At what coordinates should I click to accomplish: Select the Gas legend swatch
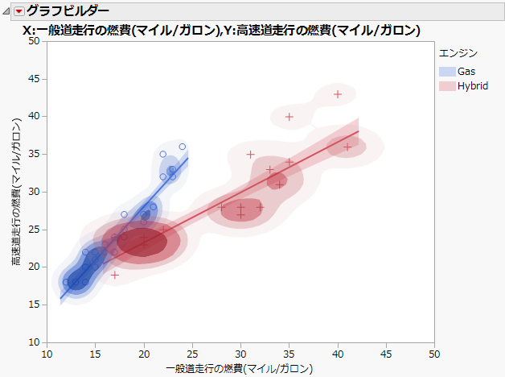tap(445, 72)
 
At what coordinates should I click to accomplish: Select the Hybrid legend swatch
tap(445, 85)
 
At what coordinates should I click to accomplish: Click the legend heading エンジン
tap(458, 53)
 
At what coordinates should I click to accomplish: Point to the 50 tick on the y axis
tap(35, 40)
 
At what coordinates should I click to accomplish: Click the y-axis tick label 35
tap(35, 154)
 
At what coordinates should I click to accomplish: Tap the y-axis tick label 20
tap(35, 267)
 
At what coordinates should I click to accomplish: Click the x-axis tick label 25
tap(193, 354)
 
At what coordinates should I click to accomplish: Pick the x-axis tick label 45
tap(387, 354)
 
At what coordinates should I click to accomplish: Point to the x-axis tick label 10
tap(47, 354)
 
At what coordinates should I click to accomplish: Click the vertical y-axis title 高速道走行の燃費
tap(15, 193)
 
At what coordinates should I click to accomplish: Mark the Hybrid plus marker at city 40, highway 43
tap(338, 93)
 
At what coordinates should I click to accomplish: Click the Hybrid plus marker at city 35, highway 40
tap(289, 116)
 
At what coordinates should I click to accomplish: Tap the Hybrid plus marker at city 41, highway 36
tap(347, 147)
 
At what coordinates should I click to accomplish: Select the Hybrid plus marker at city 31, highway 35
tap(251, 154)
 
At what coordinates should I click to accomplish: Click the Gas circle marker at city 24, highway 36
tap(183, 147)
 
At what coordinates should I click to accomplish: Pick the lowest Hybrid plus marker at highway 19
tap(115, 275)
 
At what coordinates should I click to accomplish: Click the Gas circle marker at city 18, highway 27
tap(124, 214)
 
